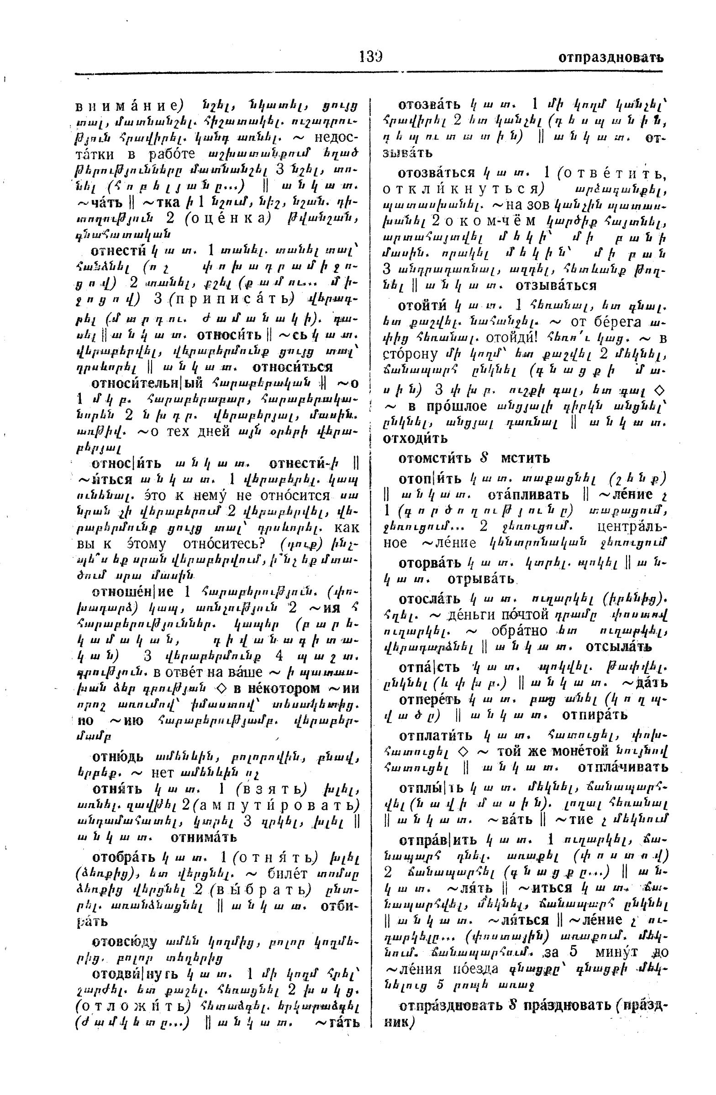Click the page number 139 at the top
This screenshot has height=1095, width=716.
click(371, 57)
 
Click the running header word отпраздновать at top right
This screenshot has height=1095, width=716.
click(611, 57)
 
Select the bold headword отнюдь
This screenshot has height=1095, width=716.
click(118, 756)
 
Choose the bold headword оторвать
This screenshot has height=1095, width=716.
click(430, 563)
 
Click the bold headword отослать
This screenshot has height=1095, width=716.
click(430, 599)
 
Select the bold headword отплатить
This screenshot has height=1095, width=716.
click(436, 735)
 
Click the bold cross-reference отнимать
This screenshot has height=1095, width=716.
click(204, 837)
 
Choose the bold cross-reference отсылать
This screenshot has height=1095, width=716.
click(618, 647)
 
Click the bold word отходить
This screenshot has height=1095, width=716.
click(415, 438)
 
